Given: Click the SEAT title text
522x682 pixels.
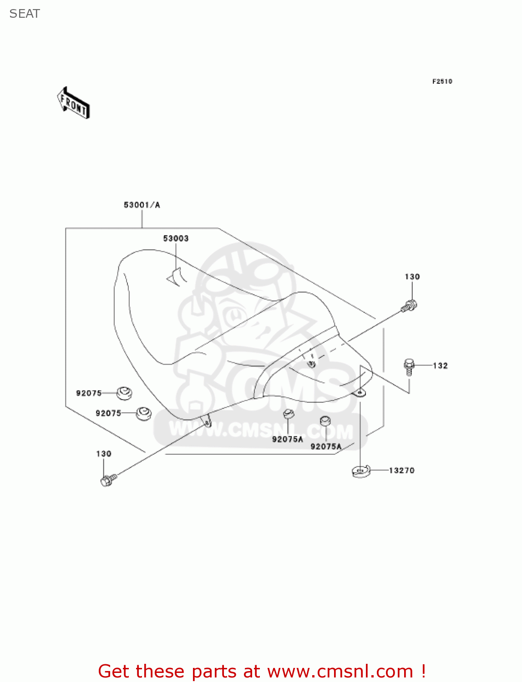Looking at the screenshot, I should pyautogui.click(x=25, y=14).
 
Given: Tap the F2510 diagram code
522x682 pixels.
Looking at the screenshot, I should pyautogui.click(x=442, y=81).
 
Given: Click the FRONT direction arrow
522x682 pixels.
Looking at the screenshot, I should pyautogui.click(x=74, y=103).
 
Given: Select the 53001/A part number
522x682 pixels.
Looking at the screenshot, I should pyautogui.click(x=142, y=205).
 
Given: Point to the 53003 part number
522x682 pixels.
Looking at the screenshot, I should pyautogui.click(x=176, y=239).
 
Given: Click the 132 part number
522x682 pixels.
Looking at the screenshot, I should pyautogui.click(x=440, y=366).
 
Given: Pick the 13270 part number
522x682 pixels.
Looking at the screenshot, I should pyautogui.click(x=401, y=471).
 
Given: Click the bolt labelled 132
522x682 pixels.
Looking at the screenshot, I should pyautogui.click(x=409, y=366).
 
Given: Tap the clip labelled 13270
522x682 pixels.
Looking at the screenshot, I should pyautogui.click(x=361, y=471).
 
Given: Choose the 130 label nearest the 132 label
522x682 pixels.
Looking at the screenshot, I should pyautogui.click(x=412, y=277).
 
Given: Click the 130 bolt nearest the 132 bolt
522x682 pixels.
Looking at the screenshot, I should pyautogui.click(x=409, y=306).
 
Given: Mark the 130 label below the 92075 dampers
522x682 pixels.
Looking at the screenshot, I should pyautogui.click(x=104, y=454).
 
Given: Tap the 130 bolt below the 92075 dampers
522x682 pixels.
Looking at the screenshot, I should pyautogui.click(x=108, y=480).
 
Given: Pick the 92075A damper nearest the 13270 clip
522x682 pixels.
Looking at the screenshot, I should pyautogui.click(x=325, y=421).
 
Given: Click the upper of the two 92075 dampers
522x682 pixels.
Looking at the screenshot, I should pyautogui.click(x=124, y=393).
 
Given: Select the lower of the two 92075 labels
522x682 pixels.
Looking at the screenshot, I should pyautogui.click(x=108, y=413).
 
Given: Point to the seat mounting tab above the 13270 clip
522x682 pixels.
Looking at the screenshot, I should pyautogui.click(x=360, y=392).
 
